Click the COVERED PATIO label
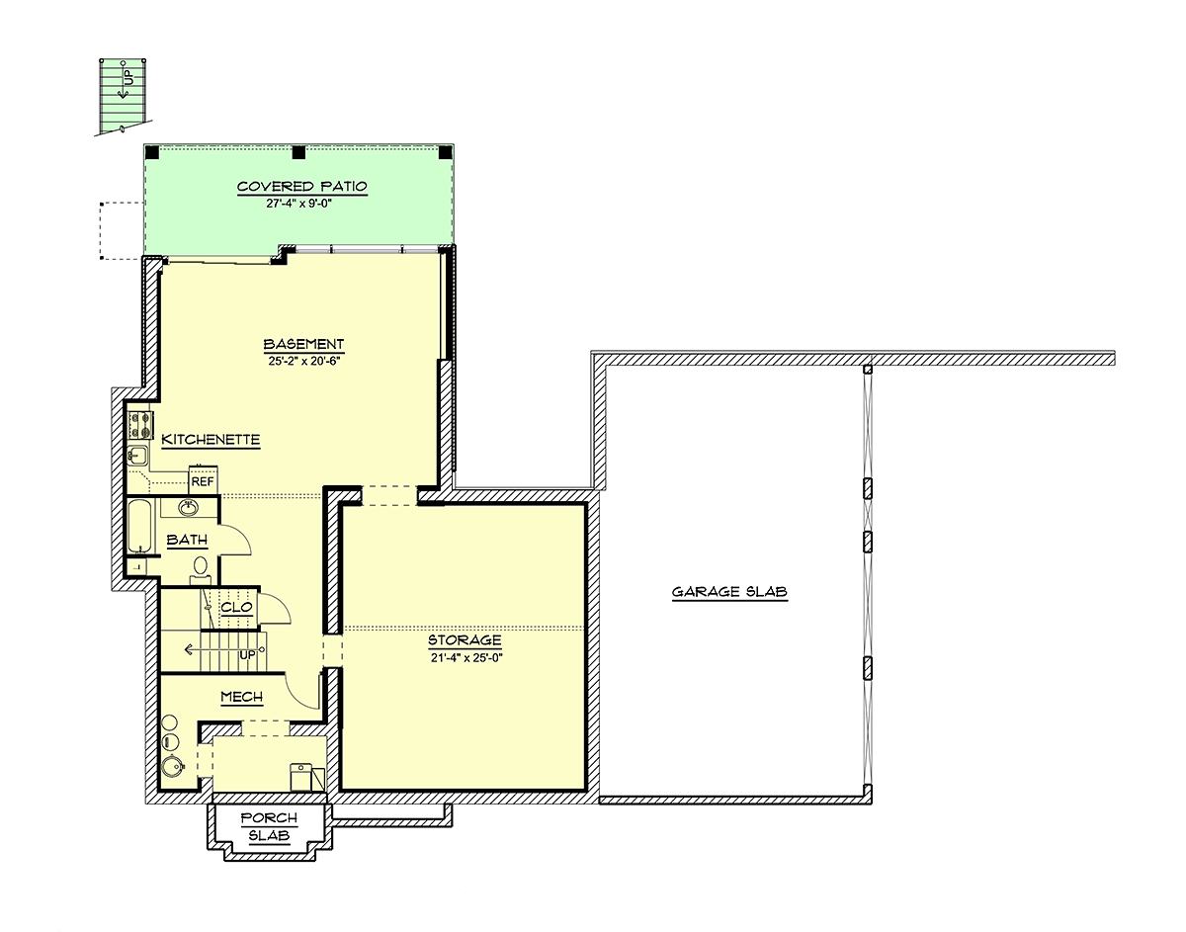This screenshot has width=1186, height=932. click(301, 187)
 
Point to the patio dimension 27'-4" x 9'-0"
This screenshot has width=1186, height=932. click(299, 204)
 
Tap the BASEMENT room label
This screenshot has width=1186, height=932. click(303, 344)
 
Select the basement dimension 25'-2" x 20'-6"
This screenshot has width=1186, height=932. click(304, 361)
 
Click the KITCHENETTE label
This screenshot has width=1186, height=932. click(211, 440)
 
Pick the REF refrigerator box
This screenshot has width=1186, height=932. click(203, 478)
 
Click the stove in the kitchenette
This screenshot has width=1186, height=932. click(140, 426)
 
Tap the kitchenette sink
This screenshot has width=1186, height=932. click(137, 455)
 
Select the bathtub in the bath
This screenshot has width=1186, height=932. click(138, 527)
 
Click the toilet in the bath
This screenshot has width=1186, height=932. click(201, 569)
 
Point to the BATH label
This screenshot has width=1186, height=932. click(187, 541)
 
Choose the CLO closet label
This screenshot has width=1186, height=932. click(236, 607)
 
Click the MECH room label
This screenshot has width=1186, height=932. click(241, 697)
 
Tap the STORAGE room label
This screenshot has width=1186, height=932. click(465, 640)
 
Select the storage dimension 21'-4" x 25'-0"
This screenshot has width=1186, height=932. click(466, 657)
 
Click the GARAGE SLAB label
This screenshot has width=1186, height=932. click(729, 591)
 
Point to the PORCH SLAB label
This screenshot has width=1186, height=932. click(269, 826)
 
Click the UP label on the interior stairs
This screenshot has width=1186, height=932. click(247, 655)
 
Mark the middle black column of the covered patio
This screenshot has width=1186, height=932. click(298, 152)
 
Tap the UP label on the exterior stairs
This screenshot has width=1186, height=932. click(128, 77)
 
